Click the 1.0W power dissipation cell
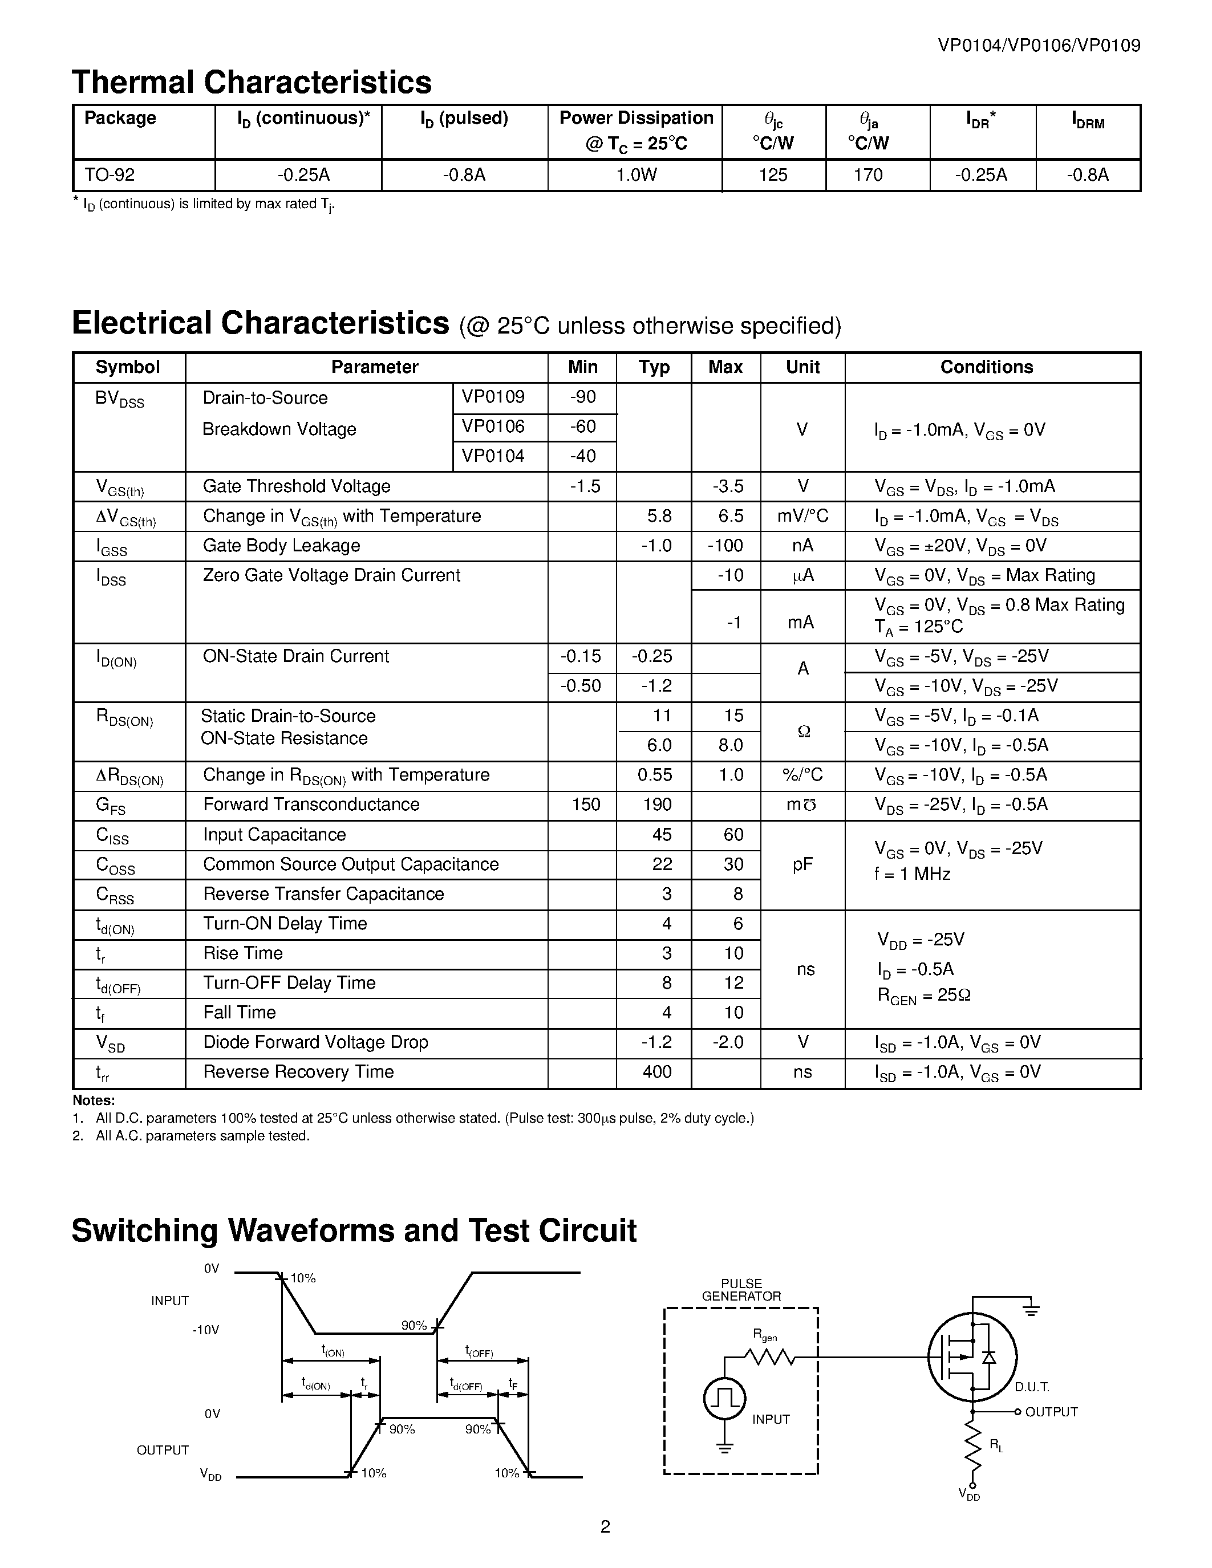click(635, 175)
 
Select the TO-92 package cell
click(110, 175)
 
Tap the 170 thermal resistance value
click(868, 175)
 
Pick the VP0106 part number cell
click(493, 426)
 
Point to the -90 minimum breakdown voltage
click(582, 397)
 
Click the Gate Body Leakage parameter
click(281, 546)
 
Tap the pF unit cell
click(802, 864)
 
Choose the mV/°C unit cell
click(802, 515)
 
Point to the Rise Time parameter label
click(243, 953)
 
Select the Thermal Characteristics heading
click(252, 82)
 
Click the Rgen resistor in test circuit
click(769, 1357)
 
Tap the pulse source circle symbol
click(724, 1399)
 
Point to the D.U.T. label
click(1032, 1387)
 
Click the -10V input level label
click(205, 1330)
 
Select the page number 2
click(605, 1526)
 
